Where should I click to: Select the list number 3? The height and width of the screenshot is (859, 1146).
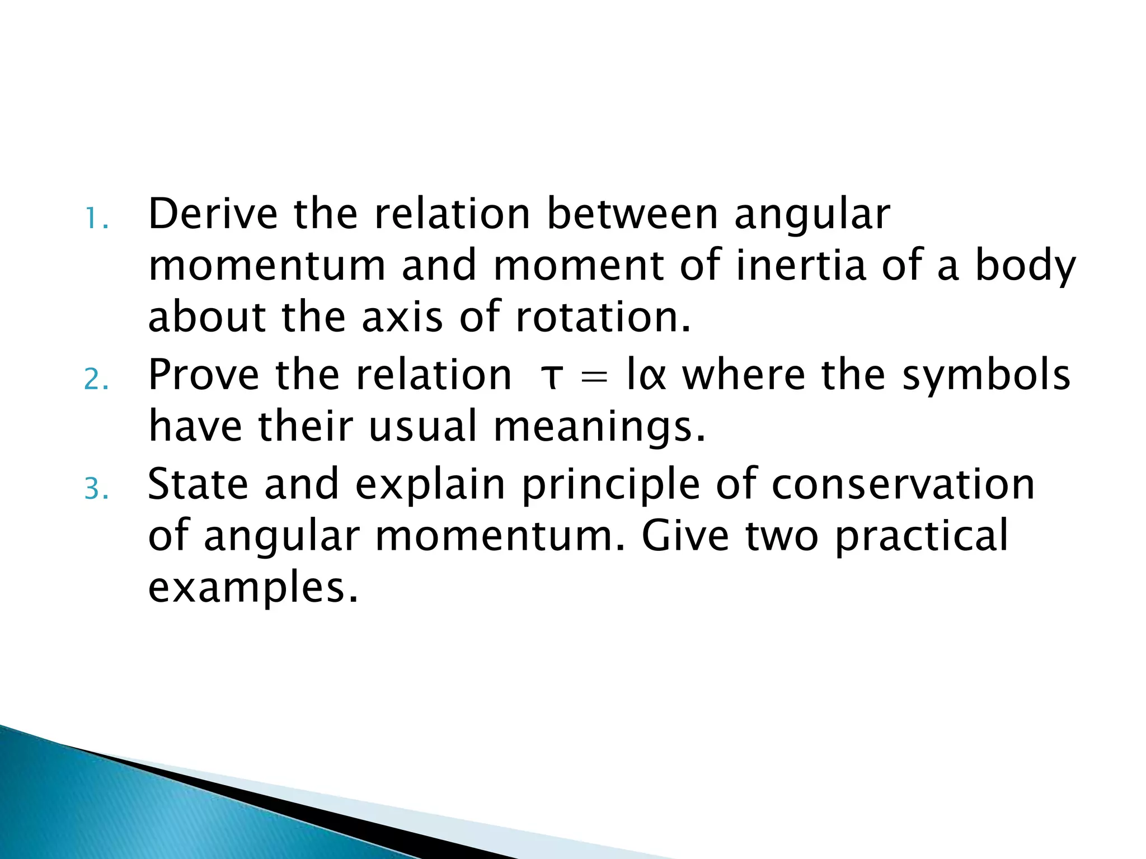[x=96, y=489]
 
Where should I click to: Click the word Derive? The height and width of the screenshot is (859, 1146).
[x=213, y=214]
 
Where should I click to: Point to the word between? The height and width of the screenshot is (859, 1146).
[x=632, y=214]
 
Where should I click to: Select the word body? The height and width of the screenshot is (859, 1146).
[x=1025, y=267]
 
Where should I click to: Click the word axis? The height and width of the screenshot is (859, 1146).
[x=402, y=317]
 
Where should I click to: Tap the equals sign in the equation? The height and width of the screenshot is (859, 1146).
[x=594, y=377]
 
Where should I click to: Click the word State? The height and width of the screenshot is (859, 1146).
[x=198, y=484]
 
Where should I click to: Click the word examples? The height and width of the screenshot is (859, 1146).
[x=252, y=589]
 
